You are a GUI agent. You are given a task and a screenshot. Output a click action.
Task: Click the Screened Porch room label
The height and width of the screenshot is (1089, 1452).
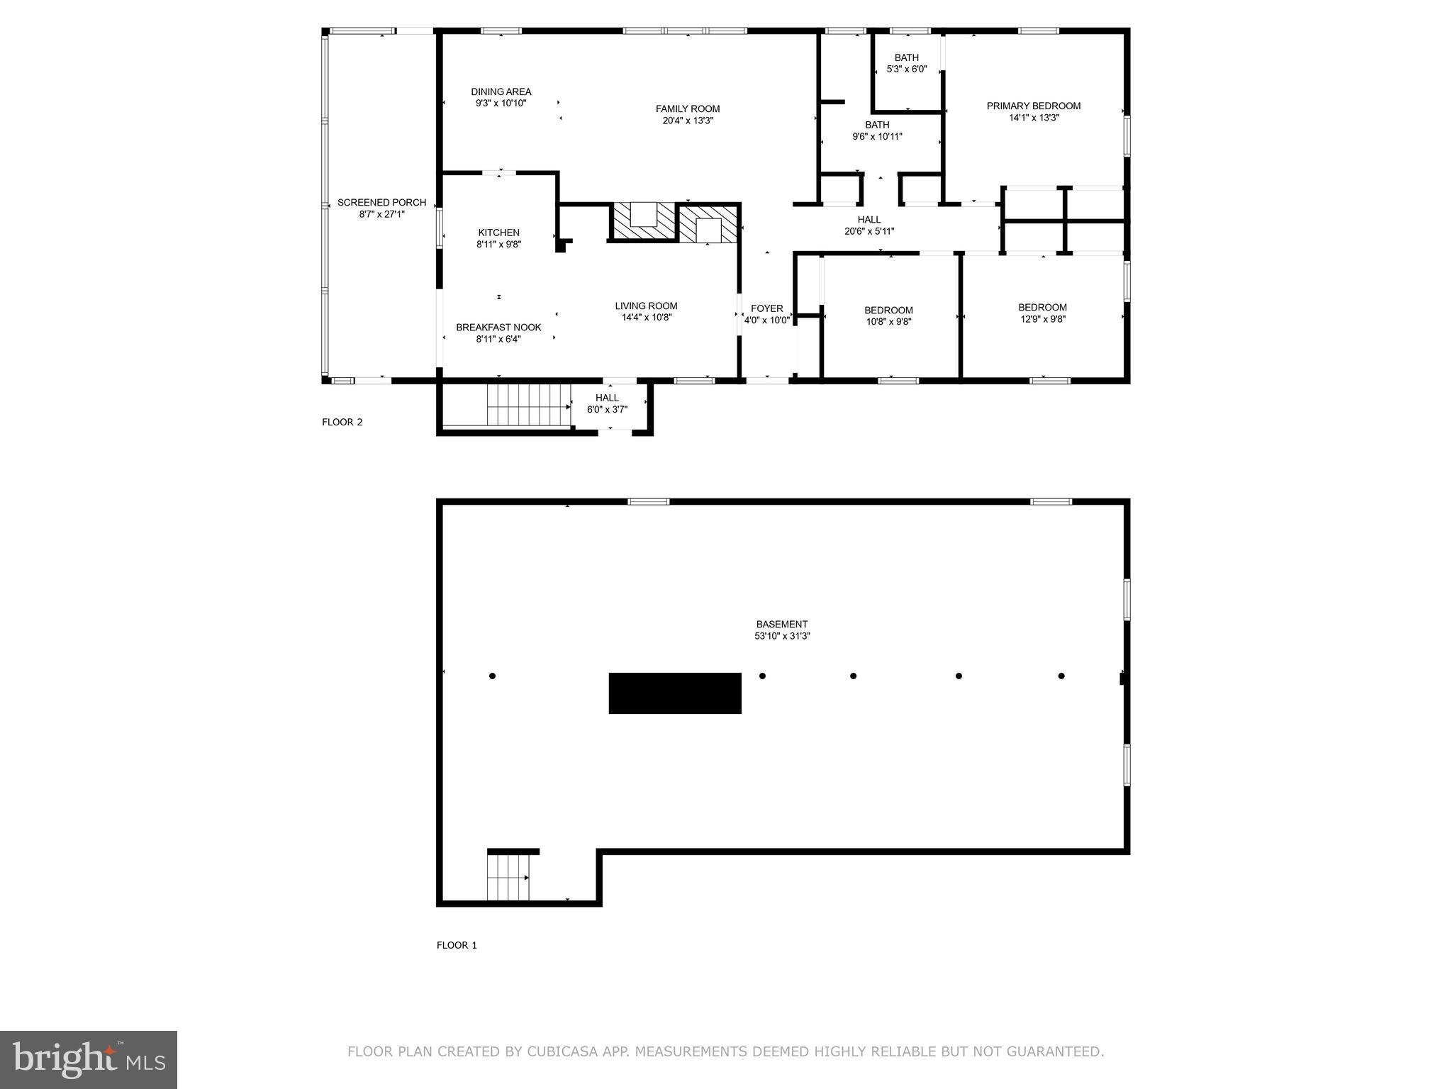(x=381, y=203)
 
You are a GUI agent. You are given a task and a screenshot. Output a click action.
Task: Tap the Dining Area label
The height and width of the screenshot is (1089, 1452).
(x=501, y=92)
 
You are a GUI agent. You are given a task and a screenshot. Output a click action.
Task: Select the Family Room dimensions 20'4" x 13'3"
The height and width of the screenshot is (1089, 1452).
(x=688, y=121)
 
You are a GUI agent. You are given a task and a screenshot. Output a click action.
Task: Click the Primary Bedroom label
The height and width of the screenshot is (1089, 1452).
(x=1034, y=106)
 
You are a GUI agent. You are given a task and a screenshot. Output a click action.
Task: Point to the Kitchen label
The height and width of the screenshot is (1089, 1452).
(x=499, y=233)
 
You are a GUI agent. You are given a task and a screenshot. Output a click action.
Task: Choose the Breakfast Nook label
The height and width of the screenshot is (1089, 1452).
(x=498, y=328)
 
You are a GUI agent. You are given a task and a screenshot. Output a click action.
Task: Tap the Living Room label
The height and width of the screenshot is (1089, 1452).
(x=647, y=306)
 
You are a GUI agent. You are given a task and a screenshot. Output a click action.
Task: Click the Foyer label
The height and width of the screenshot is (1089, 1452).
(x=767, y=308)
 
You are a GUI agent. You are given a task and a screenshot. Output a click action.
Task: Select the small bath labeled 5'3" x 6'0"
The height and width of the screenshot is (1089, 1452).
(x=907, y=64)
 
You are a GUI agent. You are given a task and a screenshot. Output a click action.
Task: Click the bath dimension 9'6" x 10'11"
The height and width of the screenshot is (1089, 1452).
(x=878, y=137)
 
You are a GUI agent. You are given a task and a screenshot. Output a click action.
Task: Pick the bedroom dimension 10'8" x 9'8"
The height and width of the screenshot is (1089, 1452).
(x=888, y=322)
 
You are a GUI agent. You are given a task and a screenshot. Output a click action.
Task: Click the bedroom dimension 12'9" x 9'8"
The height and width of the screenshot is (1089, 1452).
(x=1043, y=319)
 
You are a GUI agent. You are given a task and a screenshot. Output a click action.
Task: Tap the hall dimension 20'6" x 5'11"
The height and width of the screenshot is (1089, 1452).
(x=869, y=231)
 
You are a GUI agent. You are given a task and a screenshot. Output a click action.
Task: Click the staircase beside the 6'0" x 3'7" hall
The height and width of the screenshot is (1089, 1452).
(x=529, y=405)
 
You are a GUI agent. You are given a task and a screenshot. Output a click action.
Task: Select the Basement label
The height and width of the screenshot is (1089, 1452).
(x=782, y=625)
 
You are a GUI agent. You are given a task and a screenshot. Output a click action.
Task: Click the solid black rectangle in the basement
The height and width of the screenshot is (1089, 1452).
(x=675, y=693)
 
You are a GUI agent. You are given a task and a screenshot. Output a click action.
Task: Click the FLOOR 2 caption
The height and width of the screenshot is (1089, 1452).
(x=342, y=423)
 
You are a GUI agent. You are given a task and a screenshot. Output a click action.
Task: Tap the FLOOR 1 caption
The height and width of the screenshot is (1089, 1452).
(x=457, y=945)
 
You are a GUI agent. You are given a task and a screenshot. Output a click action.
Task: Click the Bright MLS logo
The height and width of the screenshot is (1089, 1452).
(x=89, y=1060)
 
